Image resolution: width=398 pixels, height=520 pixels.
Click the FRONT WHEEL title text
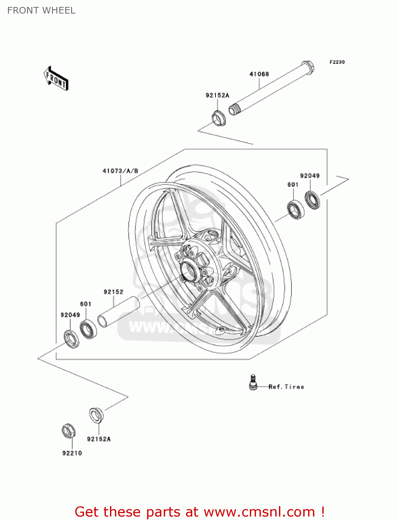[41, 10]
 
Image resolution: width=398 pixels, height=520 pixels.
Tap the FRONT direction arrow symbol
[56, 78]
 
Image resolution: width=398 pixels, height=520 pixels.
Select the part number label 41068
[259, 74]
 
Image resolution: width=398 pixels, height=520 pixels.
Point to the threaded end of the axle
[234, 110]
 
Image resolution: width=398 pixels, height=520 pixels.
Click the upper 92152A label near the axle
[217, 95]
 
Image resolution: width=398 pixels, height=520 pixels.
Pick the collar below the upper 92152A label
[219, 118]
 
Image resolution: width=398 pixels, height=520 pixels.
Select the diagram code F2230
[337, 62]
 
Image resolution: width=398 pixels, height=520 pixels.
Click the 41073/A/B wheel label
[120, 171]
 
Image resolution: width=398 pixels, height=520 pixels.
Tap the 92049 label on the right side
[310, 176]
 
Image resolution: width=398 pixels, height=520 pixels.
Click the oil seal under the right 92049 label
[312, 200]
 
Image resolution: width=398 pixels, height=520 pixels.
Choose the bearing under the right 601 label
[296, 209]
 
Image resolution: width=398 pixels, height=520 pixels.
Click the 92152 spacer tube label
[113, 292]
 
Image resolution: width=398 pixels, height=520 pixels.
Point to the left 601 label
[86, 304]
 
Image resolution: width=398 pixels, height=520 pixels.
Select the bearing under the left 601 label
[88, 329]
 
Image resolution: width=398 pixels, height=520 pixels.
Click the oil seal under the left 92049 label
[71, 339]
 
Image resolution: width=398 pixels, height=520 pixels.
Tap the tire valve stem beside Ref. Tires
[253, 382]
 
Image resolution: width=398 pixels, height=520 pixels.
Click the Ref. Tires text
[286, 387]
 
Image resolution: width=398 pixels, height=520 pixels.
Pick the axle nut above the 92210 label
[69, 431]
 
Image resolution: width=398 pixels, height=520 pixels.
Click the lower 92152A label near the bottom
[99, 439]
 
